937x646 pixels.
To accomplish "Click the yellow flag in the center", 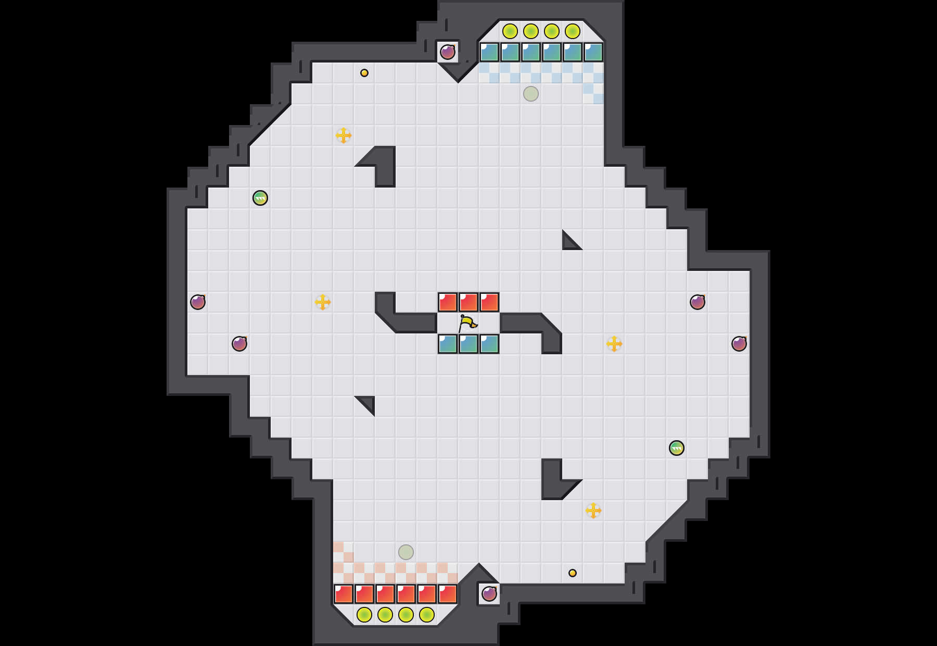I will click(x=467, y=324).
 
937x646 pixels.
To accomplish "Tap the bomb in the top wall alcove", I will click(x=448, y=52).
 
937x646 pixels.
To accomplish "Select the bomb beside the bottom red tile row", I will click(x=489, y=594).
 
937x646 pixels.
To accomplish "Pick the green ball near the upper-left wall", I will click(x=260, y=198).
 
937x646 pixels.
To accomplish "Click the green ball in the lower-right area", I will click(x=677, y=448).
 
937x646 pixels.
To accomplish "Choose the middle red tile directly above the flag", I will click(x=468, y=302).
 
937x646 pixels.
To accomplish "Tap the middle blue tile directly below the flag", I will click(x=468, y=344).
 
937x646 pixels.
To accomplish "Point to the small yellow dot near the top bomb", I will click(x=364, y=73).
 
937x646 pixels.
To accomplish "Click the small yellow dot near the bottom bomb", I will click(x=573, y=573).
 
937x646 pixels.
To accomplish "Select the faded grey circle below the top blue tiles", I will click(x=531, y=94).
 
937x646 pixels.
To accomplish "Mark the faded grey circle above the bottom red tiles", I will click(x=406, y=552).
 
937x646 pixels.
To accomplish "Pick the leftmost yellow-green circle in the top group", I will click(x=510, y=31).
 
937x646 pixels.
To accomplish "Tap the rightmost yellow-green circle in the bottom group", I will click(x=427, y=615).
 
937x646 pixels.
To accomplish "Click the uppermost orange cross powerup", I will click(x=344, y=135).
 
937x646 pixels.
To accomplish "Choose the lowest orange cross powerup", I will click(x=593, y=511).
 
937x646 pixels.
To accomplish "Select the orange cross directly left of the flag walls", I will click(x=323, y=302).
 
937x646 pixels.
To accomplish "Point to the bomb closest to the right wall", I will click(x=739, y=344).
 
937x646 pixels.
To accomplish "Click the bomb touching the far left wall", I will click(x=198, y=302).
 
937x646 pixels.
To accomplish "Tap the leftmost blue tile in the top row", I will click(x=489, y=52).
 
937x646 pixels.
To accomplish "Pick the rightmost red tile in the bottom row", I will click(x=448, y=594).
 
